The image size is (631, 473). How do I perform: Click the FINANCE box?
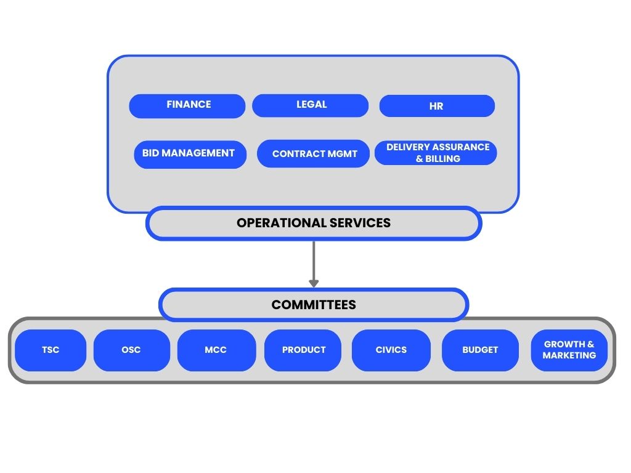[187, 106]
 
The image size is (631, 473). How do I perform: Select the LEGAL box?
[311, 106]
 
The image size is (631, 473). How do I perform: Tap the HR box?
[437, 106]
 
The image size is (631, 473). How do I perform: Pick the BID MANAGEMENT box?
[190, 154]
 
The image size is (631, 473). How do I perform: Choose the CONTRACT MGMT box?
[314, 154]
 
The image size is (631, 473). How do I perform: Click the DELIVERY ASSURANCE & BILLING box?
[436, 153]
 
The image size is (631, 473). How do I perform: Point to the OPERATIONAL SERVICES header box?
[314, 223]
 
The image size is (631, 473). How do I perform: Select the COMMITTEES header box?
[314, 305]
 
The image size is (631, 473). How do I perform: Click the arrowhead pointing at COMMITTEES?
[314, 283]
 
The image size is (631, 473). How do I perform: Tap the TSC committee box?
[51, 350]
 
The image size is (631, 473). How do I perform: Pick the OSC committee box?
[131, 350]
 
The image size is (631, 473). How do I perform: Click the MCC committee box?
[216, 350]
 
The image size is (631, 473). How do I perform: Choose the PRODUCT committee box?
[303, 350]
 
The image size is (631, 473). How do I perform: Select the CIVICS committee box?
[391, 350]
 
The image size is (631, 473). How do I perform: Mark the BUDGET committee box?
[480, 350]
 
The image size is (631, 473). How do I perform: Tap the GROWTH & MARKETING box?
[569, 350]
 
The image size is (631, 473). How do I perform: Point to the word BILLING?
[442, 159]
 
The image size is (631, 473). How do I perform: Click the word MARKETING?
[569, 355]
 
